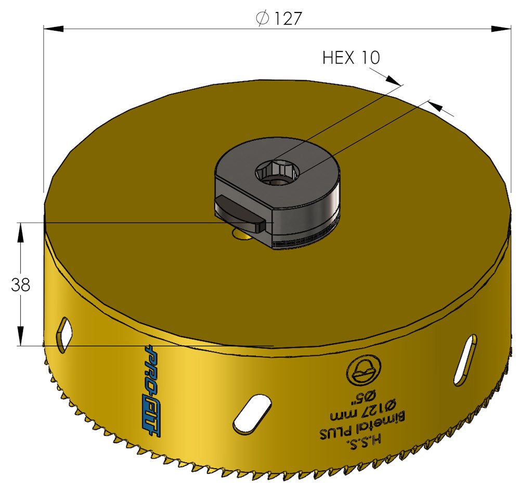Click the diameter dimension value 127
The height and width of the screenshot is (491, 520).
point(288,19)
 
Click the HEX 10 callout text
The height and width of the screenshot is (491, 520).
point(351,58)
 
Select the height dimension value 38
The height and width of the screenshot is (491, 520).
point(21,285)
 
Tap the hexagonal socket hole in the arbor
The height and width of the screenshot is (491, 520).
point(277,173)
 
